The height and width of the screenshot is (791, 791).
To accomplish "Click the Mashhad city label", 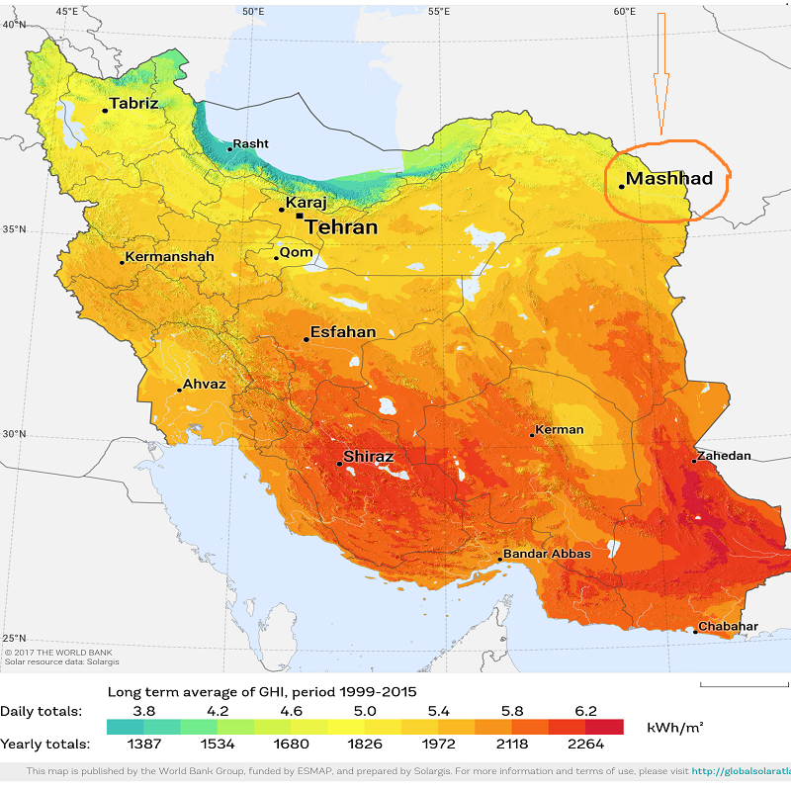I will pyautogui.click(x=669, y=179).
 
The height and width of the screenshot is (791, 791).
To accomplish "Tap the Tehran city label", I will pyautogui.click(x=341, y=227).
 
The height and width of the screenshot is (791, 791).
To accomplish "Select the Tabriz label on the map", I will pyautogui.click(x=133, y=103).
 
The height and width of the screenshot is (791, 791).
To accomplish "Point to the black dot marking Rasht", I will pyautogui.click(x=229, y=149).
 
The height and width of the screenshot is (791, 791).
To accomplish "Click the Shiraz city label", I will pyautogui.click(x=368, y=458).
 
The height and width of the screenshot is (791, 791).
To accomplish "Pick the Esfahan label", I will pyautogui.click(x=343, y=332).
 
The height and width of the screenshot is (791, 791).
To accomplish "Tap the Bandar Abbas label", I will pyautogui.click(x=547, y=554).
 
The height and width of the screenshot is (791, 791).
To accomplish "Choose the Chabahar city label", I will pyautogui.click(x=728, y=627).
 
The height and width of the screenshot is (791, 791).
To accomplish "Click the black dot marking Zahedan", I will pyautogui.click(x=695, y=462).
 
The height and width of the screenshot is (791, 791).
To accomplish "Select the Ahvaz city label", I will pyautogui.click(x=205, y=385).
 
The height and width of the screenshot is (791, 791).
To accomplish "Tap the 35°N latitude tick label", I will pyautogui.click(x=14, y=229).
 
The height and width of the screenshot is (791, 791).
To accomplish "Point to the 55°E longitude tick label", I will pyautogui.click(x=438, y=11).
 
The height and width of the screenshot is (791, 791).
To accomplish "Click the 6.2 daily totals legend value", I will pyautogui.click(x=585, y=710).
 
